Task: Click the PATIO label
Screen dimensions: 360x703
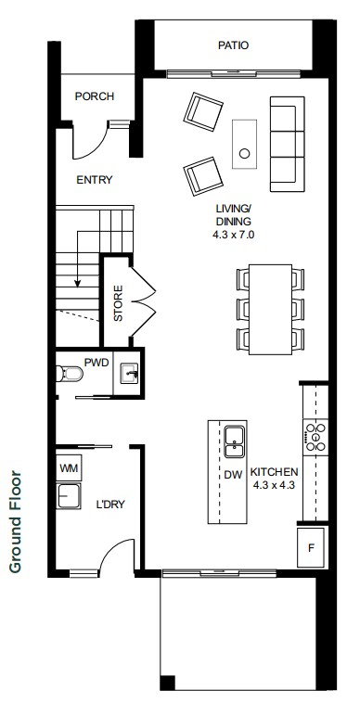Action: (x=233, y=45)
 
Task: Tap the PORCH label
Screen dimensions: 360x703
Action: (x=95, y=96)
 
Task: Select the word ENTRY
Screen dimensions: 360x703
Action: (x=95, y=180)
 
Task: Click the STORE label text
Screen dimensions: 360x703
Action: (x=118, y=303)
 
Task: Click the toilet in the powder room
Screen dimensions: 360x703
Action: (x=70, y=373)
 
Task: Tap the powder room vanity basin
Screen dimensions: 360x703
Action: (x=129, y=374)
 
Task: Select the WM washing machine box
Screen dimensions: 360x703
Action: (x=69, y=468)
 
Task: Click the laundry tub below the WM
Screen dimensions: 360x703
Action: (x=69, y=496)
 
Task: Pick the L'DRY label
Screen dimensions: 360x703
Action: (x=110, y=505)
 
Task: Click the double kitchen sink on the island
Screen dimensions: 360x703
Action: (x=235, y=441)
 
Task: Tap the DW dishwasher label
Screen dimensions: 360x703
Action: (x=233, y=475)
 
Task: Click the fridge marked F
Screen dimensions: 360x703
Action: (x=311, y=548)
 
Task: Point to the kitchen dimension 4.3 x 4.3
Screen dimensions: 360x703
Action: (x=274, y=485)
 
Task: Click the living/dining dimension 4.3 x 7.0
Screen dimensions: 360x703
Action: (x=234, y=234)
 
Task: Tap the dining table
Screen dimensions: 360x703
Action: (x=270, y=310)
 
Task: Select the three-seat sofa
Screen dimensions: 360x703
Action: (x=288, y=144)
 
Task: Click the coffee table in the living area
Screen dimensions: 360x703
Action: (x=244, y=144)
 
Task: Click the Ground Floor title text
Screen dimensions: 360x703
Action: (x=15, y=521)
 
